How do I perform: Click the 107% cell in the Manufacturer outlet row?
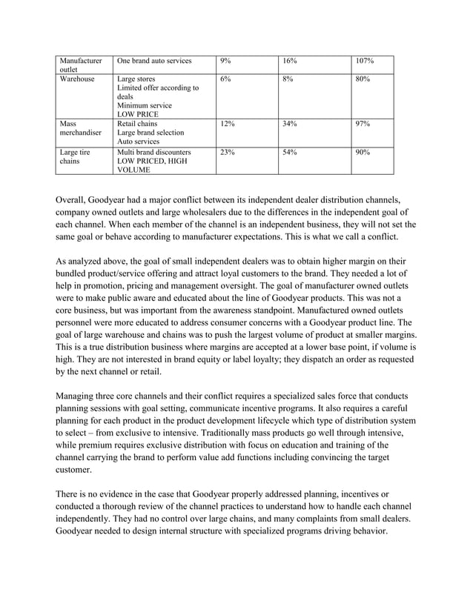(x=364, y=60)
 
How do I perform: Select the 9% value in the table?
(x=225, y=60)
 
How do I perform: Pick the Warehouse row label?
(x=77, y=79)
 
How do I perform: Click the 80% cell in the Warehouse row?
(x=363, y=79)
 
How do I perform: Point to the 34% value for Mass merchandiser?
(x=290, y=121)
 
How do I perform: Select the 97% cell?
(x=363, y=121)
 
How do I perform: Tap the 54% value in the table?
(x=290, y=152)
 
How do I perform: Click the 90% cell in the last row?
(x=363, y=152)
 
